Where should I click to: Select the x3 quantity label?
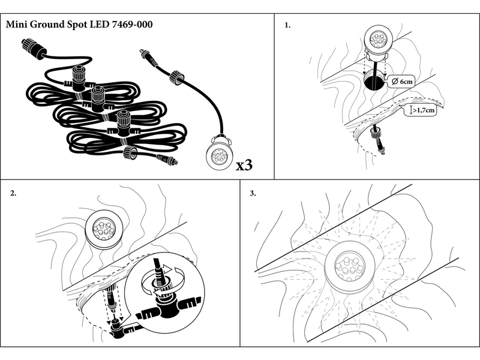(x=247, y=164)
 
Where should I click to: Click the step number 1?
(x=287, y=26)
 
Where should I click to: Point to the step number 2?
(x=13, y=193)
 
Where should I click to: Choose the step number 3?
(x=253, y=193)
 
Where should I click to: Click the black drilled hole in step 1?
(x=375, y=82)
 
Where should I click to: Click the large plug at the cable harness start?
(x=31, y=47)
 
